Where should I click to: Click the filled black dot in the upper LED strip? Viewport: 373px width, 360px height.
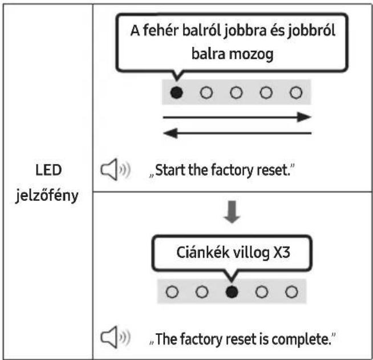point(177,92)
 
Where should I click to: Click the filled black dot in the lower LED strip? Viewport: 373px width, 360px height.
point(232,292)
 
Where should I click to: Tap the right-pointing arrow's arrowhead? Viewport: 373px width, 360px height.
point(304,117)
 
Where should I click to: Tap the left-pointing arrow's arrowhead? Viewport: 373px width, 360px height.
point(171,133)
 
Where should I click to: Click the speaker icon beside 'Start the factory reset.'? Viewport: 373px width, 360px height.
point(115,169)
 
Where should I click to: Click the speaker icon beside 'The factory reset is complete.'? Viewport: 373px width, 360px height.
point(115,337)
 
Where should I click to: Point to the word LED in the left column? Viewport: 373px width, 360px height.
point(48,170)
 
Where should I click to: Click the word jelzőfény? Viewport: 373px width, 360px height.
point(47,196)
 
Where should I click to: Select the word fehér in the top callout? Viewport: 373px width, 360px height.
point(161,30)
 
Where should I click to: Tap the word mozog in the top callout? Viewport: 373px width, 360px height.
point(251,55)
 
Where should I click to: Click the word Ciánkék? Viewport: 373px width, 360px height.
point(203,252)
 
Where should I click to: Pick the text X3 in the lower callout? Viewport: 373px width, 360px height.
point(282,252)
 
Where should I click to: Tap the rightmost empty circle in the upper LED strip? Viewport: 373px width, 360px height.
point(296,92)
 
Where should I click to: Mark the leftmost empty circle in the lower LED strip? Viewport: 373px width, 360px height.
point(172,292)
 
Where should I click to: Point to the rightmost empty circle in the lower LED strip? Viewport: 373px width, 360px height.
point(291,292)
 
